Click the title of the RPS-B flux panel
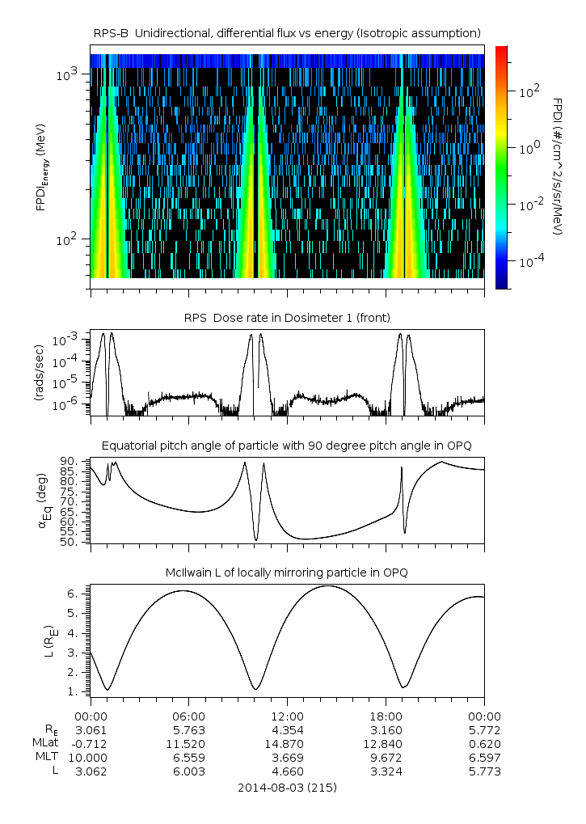287,32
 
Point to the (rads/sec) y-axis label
38,373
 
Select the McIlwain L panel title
287,573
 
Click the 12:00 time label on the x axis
287,716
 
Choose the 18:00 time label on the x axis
386,716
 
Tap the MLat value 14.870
287,743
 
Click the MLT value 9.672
386,757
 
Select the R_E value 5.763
189,729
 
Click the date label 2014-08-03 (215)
287,787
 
